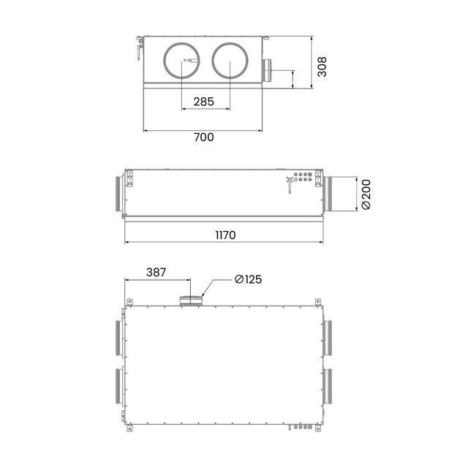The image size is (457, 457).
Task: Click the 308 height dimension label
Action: (322, 67)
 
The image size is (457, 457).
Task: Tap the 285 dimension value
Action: (204, 102)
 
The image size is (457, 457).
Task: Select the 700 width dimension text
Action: (204, 137)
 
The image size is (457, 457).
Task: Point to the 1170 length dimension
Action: (225, 235)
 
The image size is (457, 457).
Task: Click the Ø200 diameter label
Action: (366, 194)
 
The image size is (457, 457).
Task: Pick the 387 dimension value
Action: (156, 272)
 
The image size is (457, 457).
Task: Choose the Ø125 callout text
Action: (249, 279)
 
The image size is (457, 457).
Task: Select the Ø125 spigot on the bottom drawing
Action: (191, 301)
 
